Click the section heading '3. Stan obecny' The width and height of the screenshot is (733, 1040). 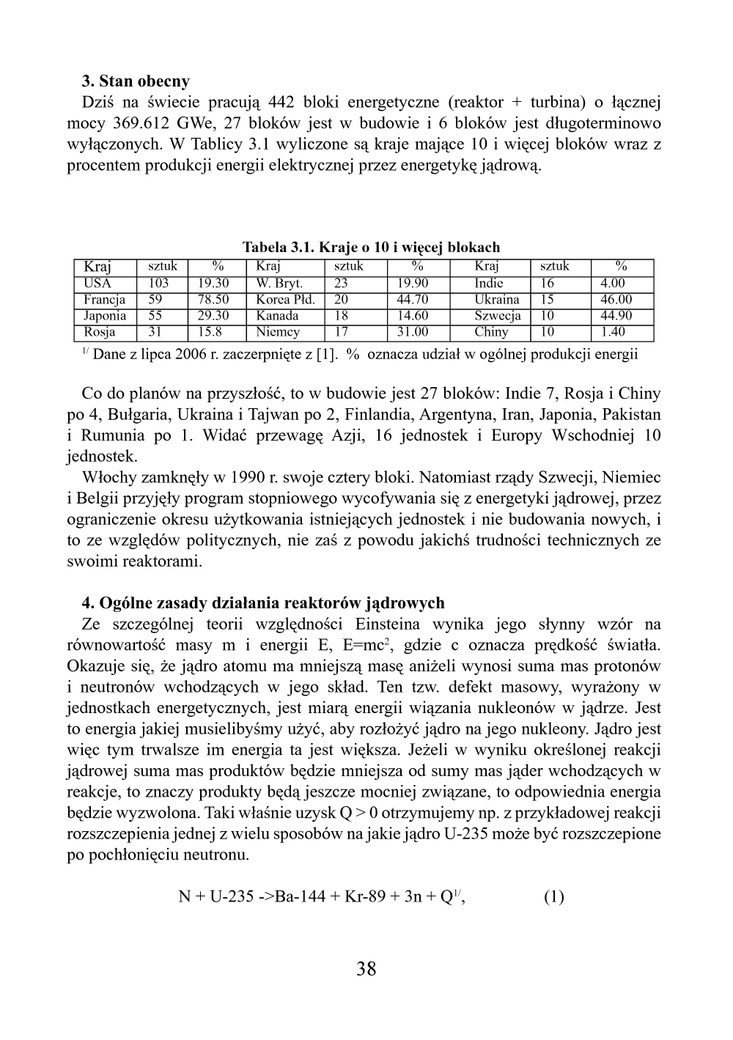point(136,81)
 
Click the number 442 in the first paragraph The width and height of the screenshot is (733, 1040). point(281,102)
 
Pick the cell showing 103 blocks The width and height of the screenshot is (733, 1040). point(158,284)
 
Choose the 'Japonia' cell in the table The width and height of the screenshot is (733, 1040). point(105,316)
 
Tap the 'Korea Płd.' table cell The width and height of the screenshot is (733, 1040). point(285,300)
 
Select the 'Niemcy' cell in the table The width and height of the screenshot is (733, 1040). point(278,332)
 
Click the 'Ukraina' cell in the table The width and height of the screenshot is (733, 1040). point(496,300)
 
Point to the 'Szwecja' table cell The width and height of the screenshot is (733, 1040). point(497,316)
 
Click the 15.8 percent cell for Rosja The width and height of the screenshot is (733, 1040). point(210,332)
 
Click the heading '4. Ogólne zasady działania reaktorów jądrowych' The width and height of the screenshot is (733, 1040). point(263,603)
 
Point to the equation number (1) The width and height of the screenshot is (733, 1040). point(553,897)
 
